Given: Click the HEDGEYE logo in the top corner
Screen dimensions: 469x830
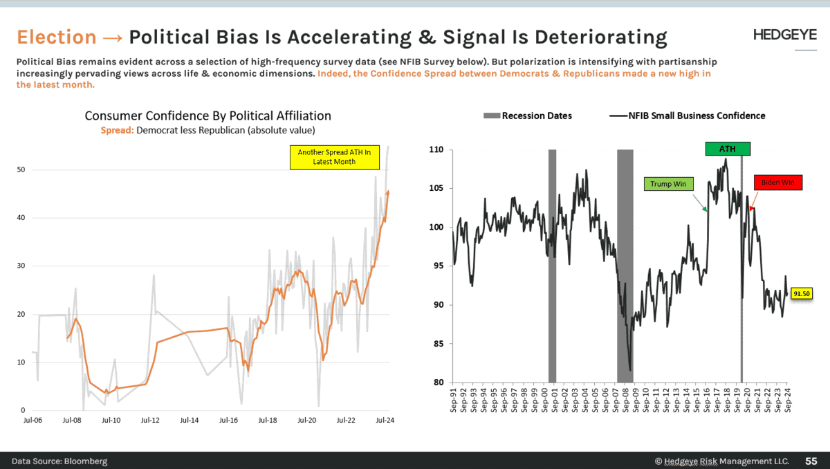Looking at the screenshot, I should click(x=784, y=36).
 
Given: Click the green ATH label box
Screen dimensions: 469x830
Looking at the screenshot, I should click(x=728, y=149).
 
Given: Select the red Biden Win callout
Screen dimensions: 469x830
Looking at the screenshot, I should click(x=778, y=183).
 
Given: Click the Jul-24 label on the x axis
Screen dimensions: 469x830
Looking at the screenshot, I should click(x=385, y=420).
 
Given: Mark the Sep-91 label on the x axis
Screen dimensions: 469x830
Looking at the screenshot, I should click(x=454, y=399).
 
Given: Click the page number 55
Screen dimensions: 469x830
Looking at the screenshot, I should click(x=811, y=461).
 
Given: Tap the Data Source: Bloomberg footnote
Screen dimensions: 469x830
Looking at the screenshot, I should click(x=59, y=461).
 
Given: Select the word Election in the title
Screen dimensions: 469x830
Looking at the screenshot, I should click(x=57, y=37).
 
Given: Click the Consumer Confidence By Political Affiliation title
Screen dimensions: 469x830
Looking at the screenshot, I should click(x=207, y=116).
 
